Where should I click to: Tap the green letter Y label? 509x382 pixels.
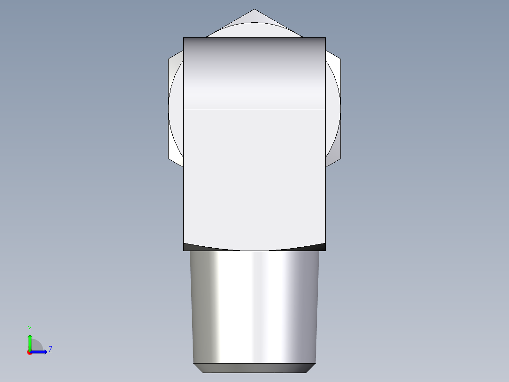29,328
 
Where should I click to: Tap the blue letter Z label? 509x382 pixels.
50,349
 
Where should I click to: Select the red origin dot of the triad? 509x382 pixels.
29,352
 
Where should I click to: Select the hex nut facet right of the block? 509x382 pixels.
333,109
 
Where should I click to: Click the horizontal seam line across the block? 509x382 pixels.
254,109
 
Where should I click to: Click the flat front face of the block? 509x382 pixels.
254,180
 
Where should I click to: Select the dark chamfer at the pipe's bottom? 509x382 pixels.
254,368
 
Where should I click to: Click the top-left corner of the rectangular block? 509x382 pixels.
184,38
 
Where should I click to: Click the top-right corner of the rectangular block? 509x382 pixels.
325,38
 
